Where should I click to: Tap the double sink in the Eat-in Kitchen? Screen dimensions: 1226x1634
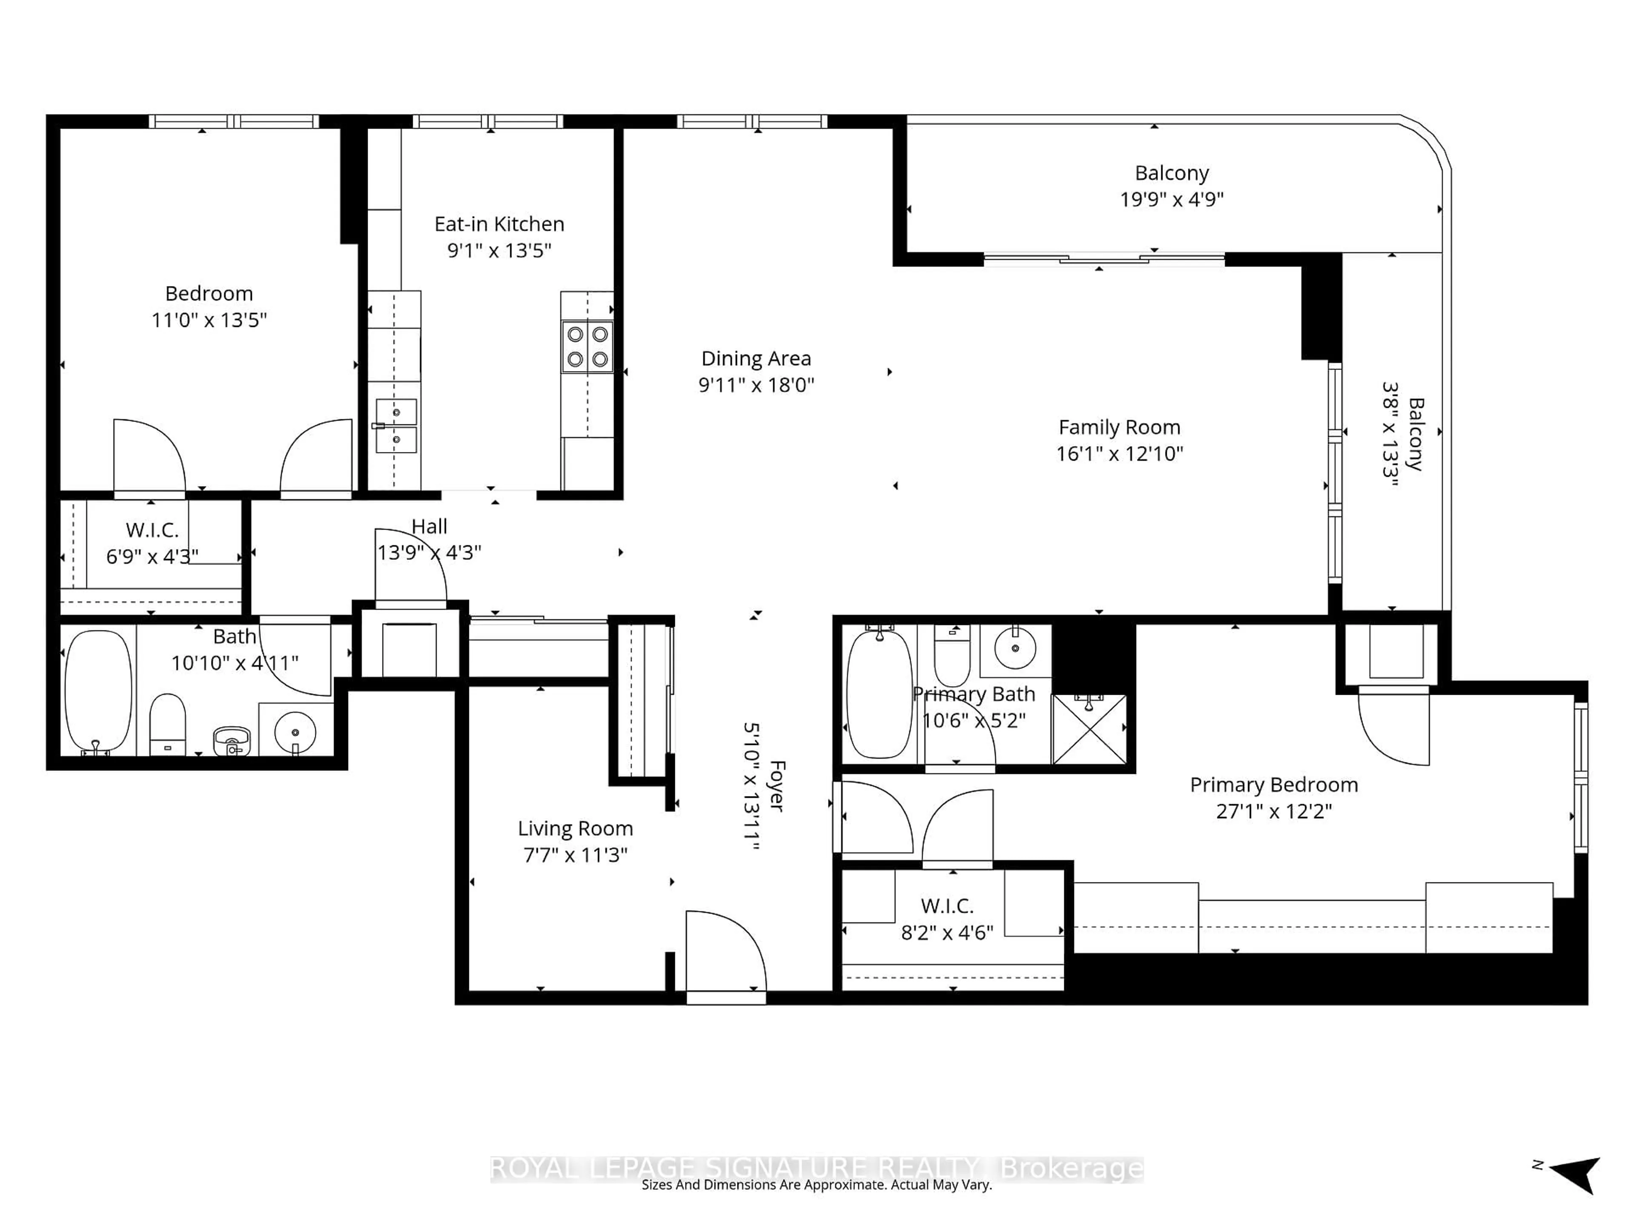point(396,426)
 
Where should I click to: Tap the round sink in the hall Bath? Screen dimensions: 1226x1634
point(295,732)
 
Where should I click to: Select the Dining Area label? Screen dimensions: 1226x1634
point(756,358)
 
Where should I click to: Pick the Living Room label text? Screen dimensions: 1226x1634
point(575,828)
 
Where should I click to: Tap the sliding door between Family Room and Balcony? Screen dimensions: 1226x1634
point(1104,259)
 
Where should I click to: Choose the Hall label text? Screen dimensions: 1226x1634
point(429,526)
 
